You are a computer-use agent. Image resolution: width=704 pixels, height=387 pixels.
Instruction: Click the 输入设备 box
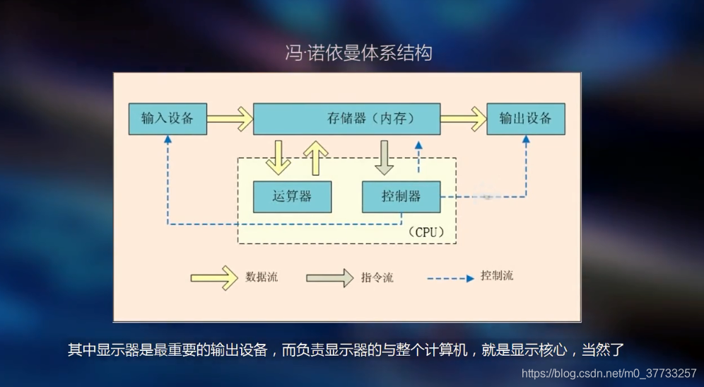point(168,119)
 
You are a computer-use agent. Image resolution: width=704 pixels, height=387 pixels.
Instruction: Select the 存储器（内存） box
point(346,119)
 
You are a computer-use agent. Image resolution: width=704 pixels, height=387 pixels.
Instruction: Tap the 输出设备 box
point(526,119)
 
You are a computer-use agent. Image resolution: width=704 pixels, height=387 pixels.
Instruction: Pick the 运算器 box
point(292,197)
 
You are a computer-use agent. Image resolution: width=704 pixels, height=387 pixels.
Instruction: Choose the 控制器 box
point(401,197)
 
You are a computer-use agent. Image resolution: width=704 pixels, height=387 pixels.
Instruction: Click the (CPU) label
point(428,232)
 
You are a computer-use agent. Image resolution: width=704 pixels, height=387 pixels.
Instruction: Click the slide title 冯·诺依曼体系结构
point(358,53)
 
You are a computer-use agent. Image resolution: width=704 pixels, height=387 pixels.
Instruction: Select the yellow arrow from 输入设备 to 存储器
point(230,119)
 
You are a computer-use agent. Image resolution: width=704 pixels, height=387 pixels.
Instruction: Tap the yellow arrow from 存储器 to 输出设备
point(464,119)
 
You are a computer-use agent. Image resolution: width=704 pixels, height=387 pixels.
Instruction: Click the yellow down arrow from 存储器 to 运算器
point(278,156)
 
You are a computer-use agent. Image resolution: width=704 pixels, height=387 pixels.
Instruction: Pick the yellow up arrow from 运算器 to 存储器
point(316,156)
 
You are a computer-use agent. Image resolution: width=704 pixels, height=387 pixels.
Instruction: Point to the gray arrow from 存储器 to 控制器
point(384,156)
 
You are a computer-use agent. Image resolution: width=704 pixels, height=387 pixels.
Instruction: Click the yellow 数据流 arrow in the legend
point(214,277)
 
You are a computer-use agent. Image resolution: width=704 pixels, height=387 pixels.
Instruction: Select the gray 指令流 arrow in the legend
point(329,277)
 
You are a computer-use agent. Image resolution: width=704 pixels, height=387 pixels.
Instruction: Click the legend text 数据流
point(262,277)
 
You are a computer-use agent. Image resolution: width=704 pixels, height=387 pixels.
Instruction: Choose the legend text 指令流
point(377,277)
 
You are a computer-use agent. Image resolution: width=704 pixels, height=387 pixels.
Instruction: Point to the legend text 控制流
point(497,276)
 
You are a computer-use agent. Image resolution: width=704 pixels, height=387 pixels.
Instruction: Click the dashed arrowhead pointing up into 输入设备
point(168,140)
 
